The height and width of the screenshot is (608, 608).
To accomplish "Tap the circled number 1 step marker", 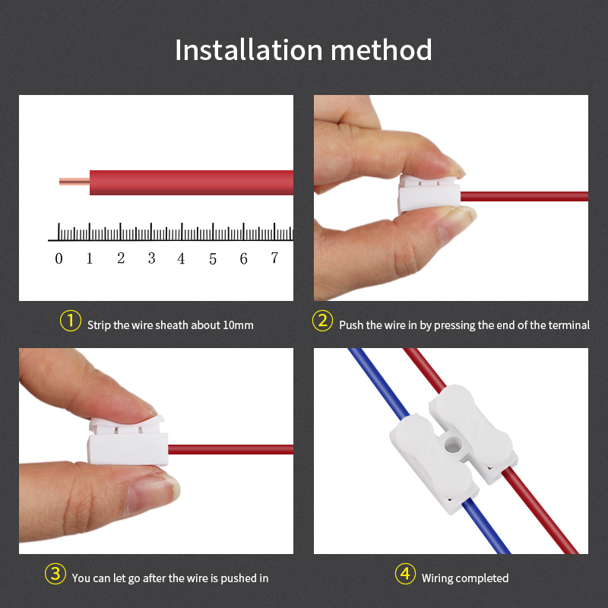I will coord(70,321).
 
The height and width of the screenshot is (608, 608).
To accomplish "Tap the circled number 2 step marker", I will coord(323,321).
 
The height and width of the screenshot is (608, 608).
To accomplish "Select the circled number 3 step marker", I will coord(55,575).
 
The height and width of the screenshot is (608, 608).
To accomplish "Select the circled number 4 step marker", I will coord(405,575).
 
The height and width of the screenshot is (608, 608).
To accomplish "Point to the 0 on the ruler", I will coord(59,259).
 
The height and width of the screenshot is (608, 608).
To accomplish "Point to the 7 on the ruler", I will coord(274,259).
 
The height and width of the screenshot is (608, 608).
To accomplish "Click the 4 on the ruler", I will coord(181,259).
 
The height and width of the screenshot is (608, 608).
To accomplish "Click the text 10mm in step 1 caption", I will coord(238,325).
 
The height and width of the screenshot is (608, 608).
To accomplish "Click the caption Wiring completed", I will coord(465,578).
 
